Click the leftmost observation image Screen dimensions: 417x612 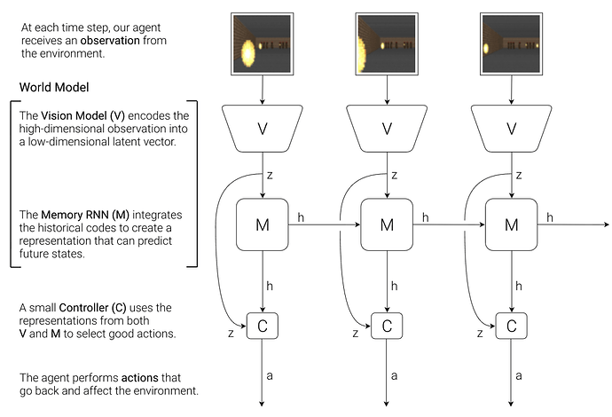click(263, 43)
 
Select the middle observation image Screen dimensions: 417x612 click(387, 43)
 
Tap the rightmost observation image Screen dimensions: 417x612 click(511, 43)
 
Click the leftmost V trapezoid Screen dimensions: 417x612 click(263, 130)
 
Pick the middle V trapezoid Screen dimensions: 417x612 click(387, 130)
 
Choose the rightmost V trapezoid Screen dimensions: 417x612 click(511, 130)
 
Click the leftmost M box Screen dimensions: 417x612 click(263, 225)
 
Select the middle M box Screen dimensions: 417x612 click(387, 225)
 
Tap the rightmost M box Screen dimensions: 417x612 click(511, 225)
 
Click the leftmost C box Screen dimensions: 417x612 click(263, 325)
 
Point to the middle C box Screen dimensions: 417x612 click(387, 325)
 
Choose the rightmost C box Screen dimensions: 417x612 click(511, 325)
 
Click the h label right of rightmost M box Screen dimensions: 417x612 click(550, 217)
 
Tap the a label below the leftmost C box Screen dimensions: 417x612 click(271, 376)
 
